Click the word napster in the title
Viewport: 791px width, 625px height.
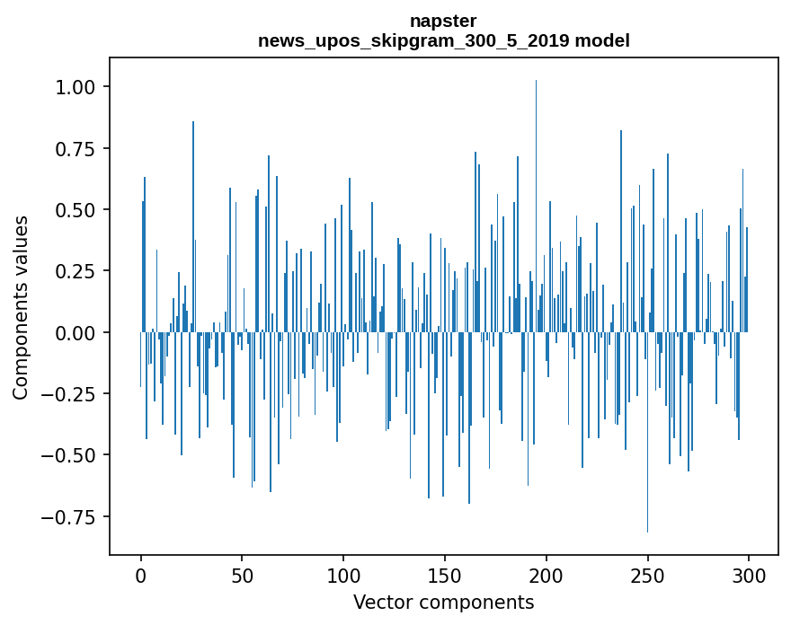coord(443,21)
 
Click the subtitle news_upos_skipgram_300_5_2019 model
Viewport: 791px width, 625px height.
coord(443,40)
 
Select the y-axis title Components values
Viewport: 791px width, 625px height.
coord(21,307)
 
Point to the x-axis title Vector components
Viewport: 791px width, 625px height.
coord(443,603)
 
